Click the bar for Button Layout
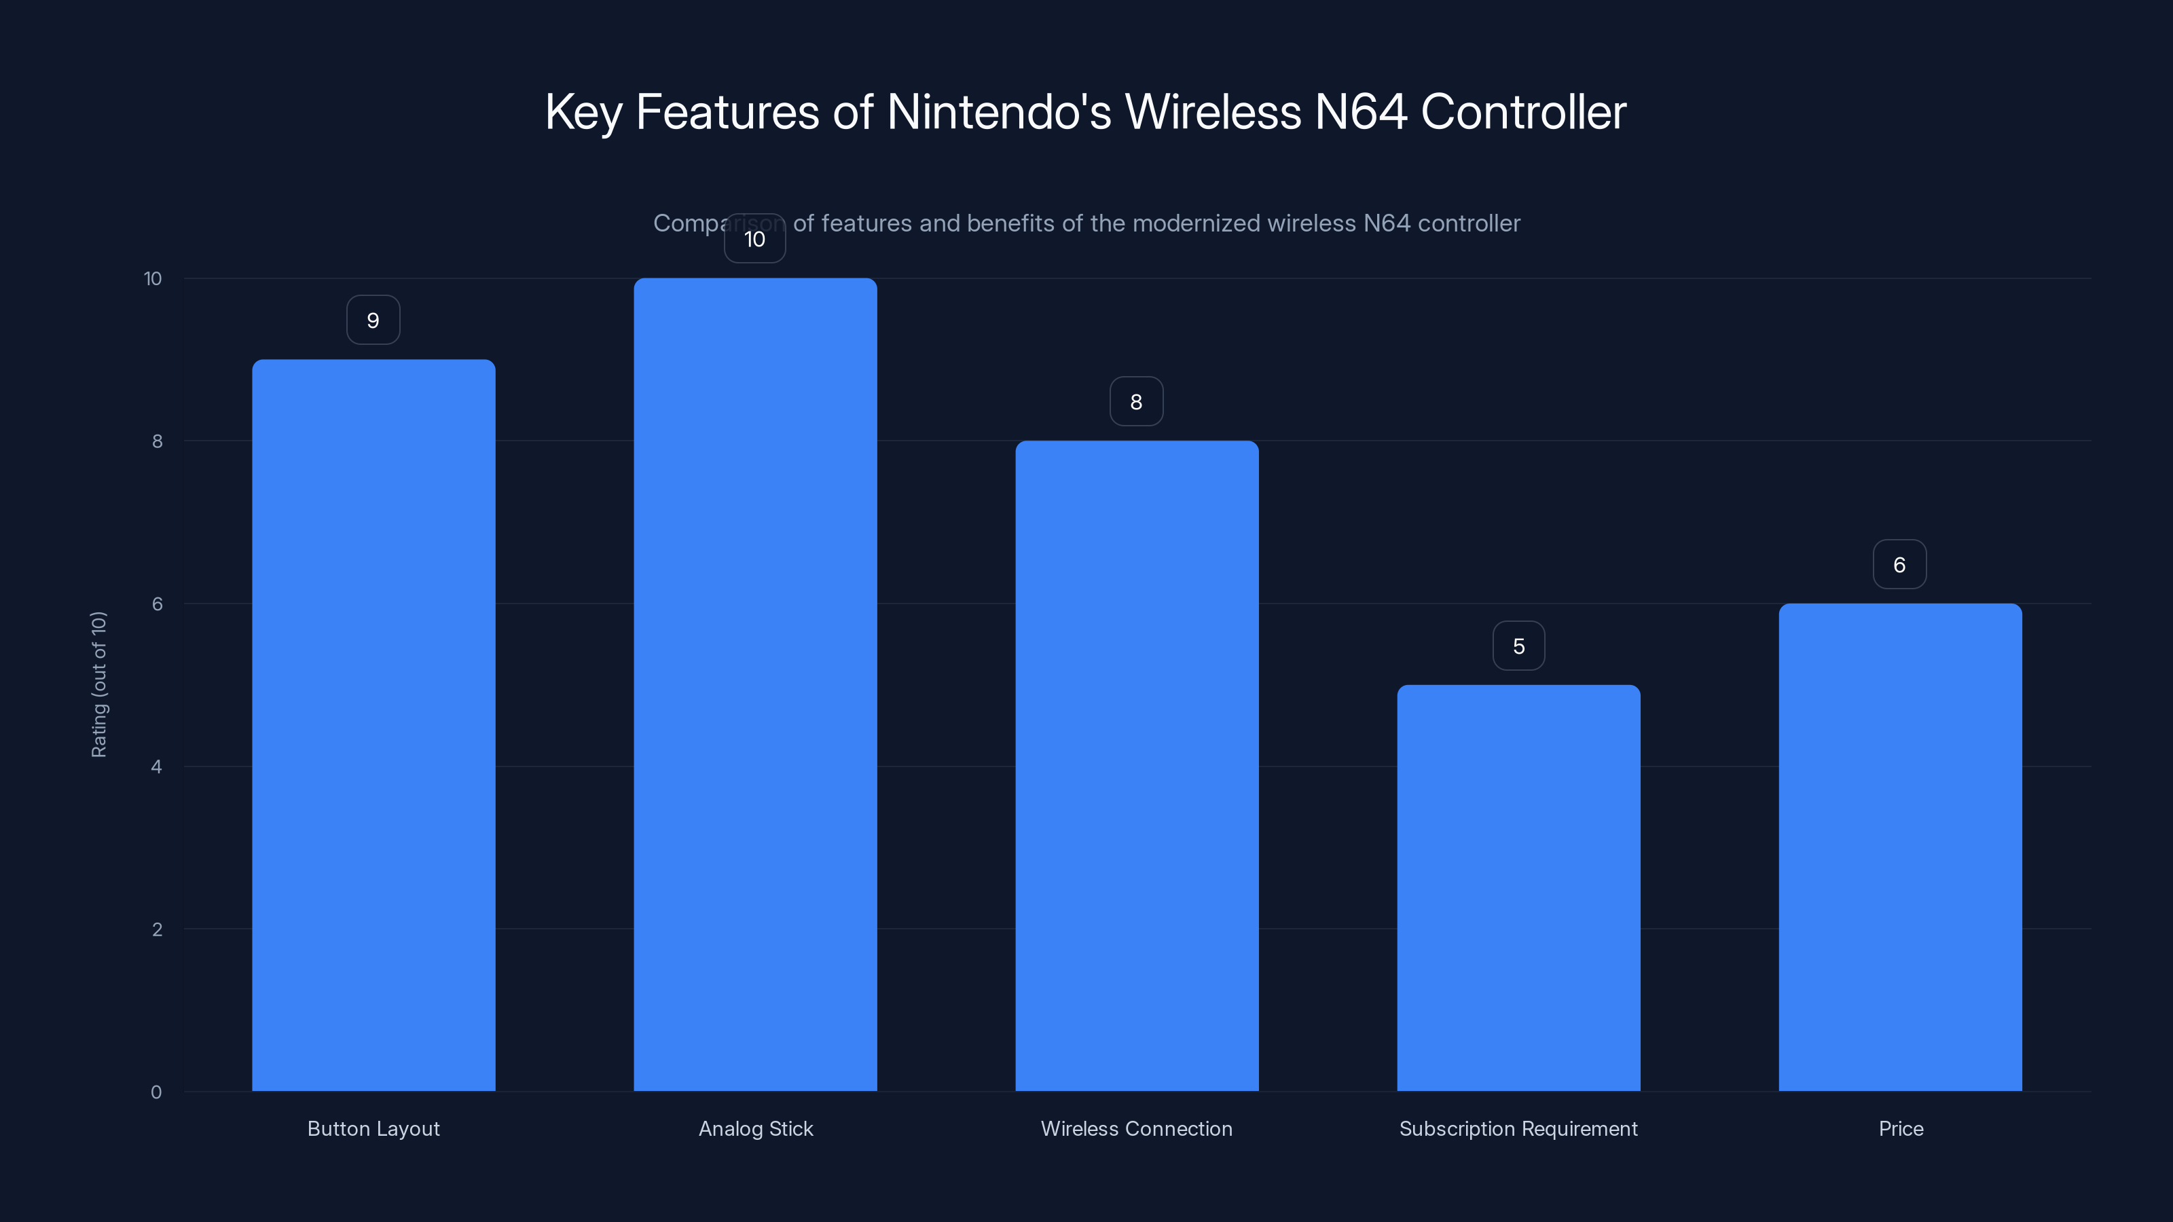(x=373, y=725)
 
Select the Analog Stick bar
(x=755, y=684)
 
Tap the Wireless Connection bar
(x=1136, y=766)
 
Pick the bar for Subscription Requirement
(x=1518, y=887)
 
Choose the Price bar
(x=1900, y=847)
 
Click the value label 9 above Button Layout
(x=373, y=320)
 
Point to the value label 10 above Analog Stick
(x=755, y=240)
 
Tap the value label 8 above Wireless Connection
(x=1136, y=403)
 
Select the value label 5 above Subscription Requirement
(x=1518, y=647)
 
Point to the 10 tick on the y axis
(x=153, y=279)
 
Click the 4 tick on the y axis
(x=156, y=766)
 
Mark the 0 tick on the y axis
(x=156, y=1092)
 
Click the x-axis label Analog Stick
(x=755, y=1128)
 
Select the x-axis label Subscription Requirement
(x=1518, y=1128)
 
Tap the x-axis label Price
(x=1901, y=1128)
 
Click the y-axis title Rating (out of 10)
(x=98, y=685)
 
